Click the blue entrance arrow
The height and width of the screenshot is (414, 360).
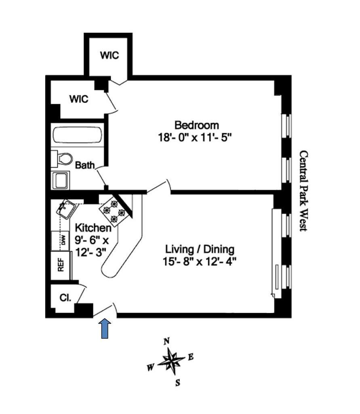click(105, 328)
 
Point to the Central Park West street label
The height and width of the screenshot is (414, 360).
click(303, 191)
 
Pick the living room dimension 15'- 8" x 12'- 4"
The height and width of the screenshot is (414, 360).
click(200, 261)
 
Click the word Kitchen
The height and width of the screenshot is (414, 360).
click(93, 228)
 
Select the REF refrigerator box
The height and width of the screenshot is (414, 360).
click(61, 266)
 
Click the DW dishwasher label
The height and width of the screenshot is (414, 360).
click(63, 240)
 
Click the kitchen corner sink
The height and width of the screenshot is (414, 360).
click(66, 209)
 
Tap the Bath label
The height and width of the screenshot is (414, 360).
click(85, 165)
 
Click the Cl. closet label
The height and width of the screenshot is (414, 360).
click(65, 298)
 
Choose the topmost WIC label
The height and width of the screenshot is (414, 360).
click(110, 55)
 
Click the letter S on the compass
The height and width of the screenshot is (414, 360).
click(177, 383)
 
